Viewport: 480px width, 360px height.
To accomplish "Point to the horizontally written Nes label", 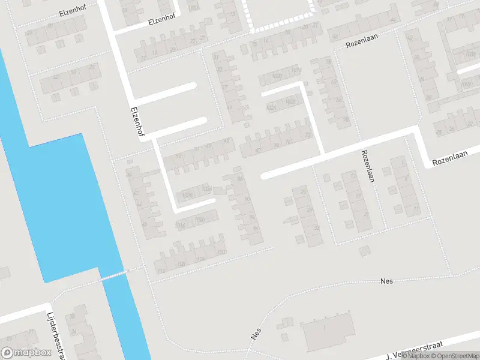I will (386, 281).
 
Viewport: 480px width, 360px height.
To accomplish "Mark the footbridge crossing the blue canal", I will (114, 275).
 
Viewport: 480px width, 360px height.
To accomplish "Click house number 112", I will (160, 271).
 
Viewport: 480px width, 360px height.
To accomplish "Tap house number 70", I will (346, 119).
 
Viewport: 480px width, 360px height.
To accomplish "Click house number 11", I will (416, 208).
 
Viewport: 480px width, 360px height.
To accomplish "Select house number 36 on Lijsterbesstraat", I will (73, 316).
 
